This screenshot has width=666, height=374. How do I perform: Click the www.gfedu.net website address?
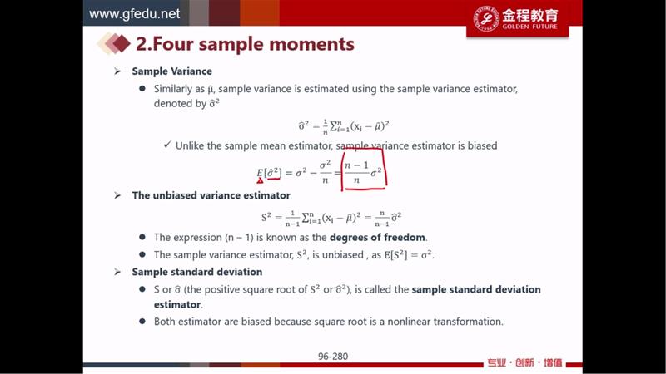[134, 14]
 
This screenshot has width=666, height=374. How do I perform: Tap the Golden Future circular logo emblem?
[486, 18]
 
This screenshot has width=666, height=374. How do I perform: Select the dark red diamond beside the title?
[122, 44]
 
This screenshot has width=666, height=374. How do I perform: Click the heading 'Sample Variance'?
[172, 71]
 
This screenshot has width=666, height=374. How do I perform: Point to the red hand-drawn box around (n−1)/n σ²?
[342, 170]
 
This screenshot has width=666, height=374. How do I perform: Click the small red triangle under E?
[260, 180]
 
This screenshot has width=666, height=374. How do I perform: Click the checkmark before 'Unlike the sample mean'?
[167, 145]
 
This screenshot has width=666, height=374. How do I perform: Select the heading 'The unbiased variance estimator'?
[211, 195]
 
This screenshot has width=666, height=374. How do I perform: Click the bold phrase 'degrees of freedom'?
[377, 237]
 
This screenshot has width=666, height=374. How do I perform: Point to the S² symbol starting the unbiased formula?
[266, 218]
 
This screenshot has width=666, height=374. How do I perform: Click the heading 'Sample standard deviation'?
[197, 272]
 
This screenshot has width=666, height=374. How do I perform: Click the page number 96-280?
[333, 357]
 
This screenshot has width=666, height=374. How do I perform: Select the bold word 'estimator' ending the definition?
[177, 304]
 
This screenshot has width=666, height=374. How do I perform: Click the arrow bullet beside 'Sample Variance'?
[117, 71]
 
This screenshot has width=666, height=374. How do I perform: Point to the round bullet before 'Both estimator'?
[142, 321]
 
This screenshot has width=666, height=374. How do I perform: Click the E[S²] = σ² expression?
[408, 255]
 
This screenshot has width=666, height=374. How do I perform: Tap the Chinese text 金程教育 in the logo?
[529, 16]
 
